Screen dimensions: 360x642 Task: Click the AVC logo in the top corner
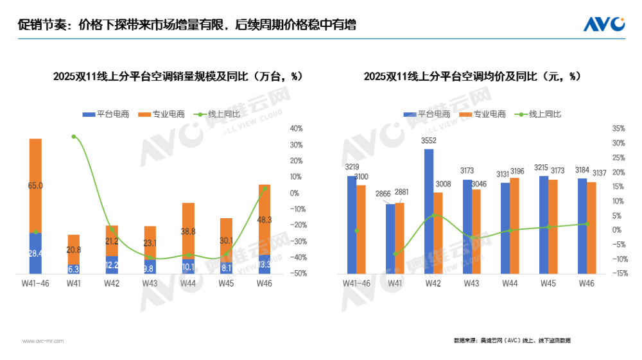tap(603, 24)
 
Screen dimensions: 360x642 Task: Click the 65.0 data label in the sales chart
tap(36, 185)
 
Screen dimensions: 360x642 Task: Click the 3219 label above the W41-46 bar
tap(351, 167)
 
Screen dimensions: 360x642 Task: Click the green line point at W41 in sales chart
tap(74, 137)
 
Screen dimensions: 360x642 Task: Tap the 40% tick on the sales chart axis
tap(297, 129)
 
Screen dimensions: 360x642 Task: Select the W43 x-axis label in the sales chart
tap(150, 283)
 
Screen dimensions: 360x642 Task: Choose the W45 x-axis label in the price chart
tap(548, 283)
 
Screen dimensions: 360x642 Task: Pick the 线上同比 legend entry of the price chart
tap(544, 114)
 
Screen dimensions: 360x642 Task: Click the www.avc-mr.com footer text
tap(43, 341)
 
